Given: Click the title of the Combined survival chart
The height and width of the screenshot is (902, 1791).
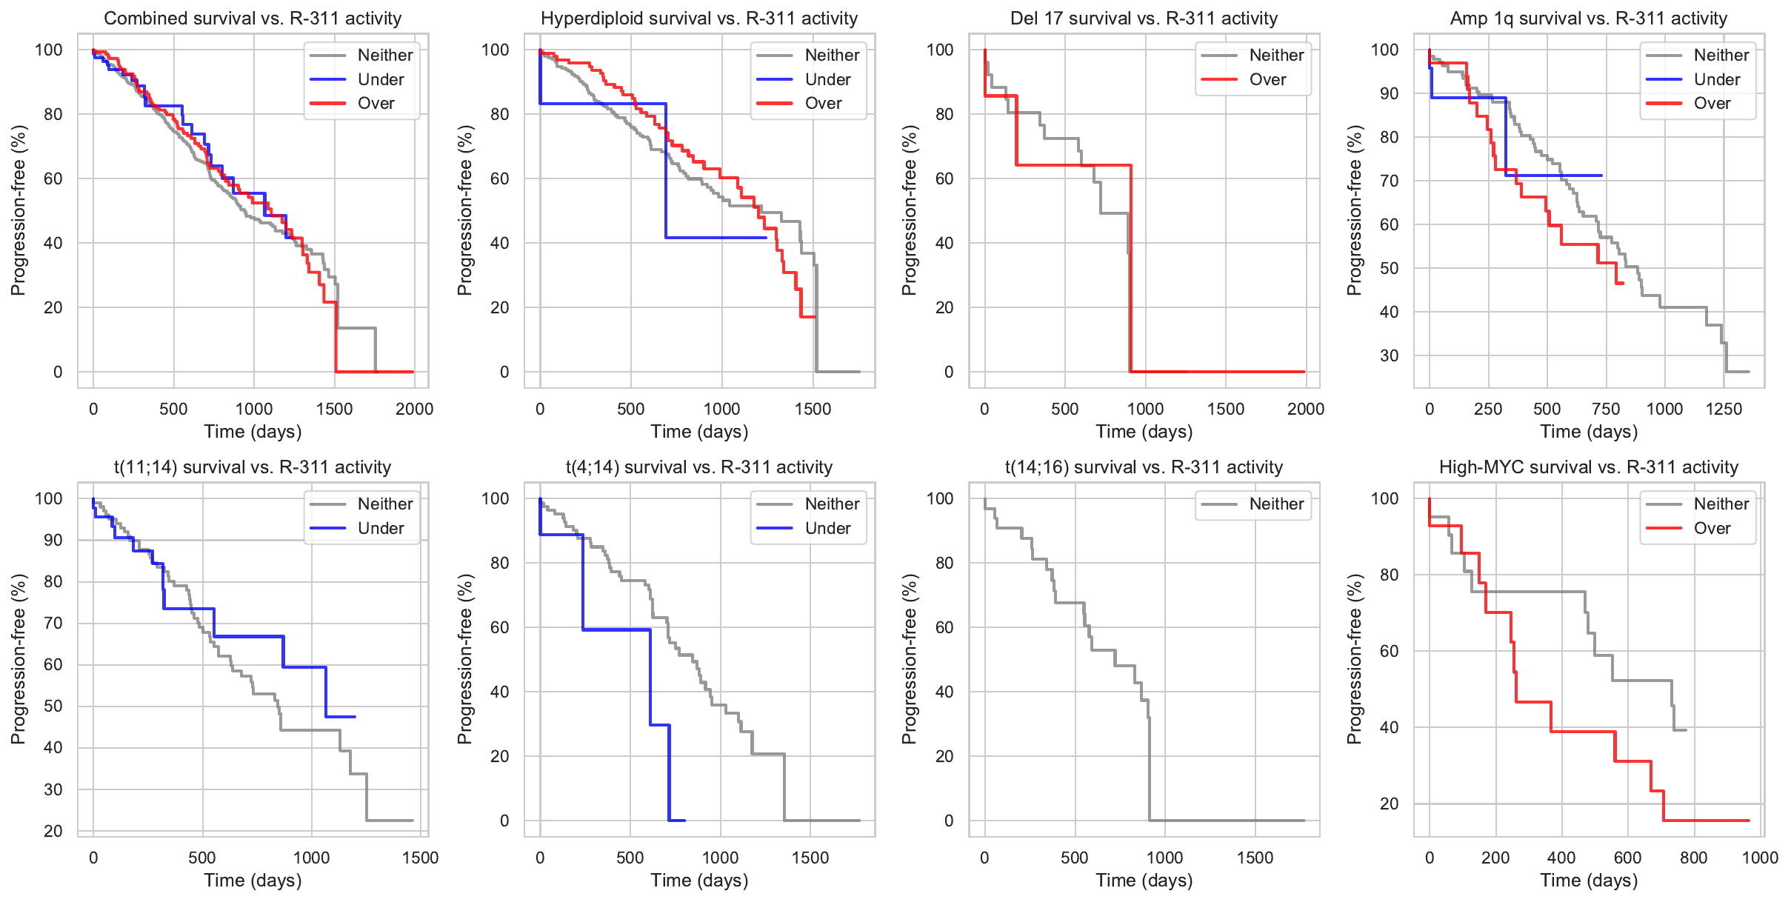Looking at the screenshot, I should coord(253,19).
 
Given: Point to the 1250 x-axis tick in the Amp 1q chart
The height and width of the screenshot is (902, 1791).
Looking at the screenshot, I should coord(1724,409).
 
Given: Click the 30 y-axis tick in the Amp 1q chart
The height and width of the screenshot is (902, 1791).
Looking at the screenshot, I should coord(1389,355).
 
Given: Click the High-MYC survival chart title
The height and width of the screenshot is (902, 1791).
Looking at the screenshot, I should coord(1588,467).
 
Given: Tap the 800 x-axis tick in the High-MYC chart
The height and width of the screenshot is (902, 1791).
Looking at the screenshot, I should coord(1694,858).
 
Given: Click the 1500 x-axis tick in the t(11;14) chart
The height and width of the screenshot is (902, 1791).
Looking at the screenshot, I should coord(420,858).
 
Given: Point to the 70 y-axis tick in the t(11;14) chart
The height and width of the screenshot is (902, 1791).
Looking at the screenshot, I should coord(53,623).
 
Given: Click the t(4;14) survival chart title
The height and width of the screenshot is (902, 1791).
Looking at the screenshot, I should coord(699,467).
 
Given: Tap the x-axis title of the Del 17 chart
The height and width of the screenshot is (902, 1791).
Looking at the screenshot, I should coord(1144,432).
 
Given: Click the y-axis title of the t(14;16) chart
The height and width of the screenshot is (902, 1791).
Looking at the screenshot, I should coord(910,659).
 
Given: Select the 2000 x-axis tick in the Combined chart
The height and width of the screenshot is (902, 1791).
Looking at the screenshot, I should coord(414,409).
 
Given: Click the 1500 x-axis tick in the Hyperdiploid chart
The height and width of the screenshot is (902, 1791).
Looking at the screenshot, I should coord(813,409).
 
